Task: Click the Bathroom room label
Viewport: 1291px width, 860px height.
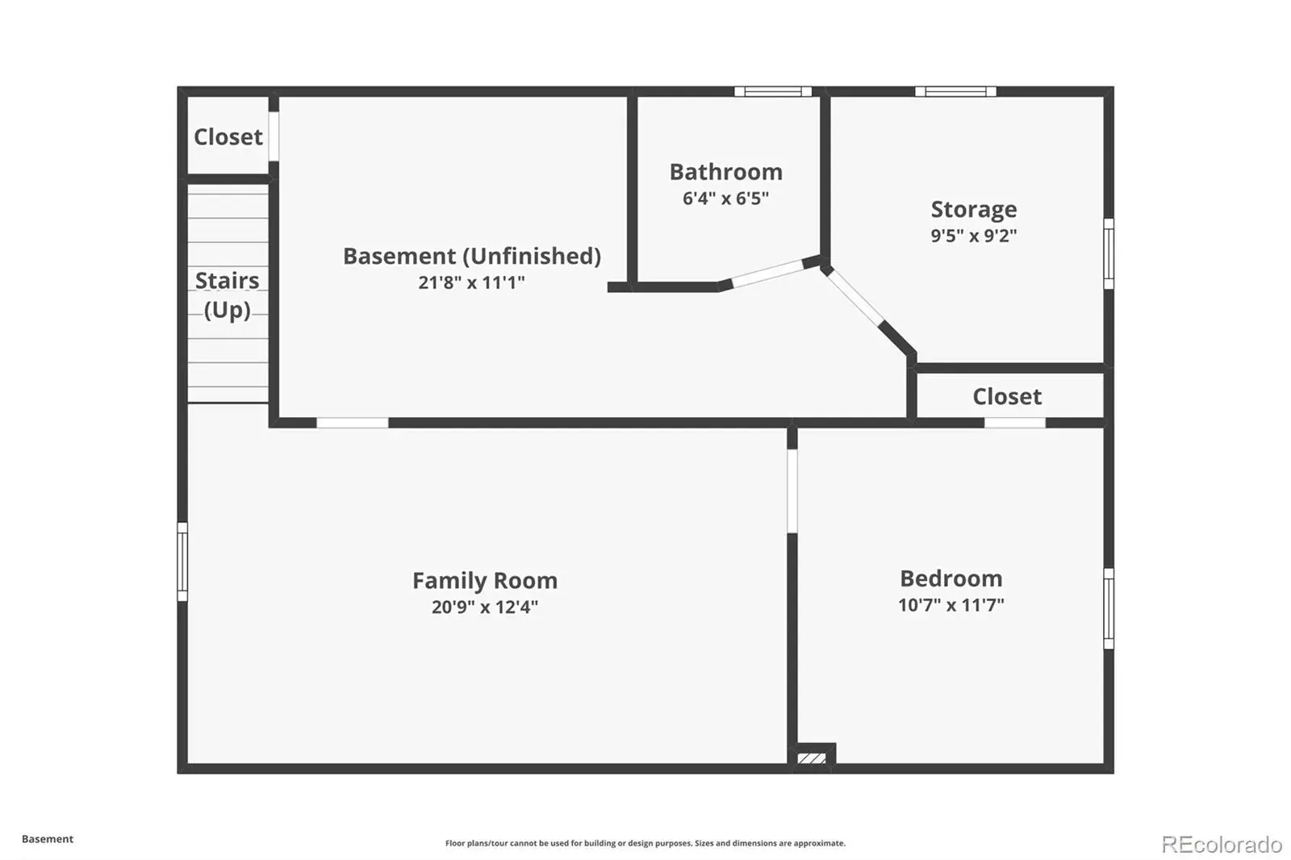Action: (x=725, y=172)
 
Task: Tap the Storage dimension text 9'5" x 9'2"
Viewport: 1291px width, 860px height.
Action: (x=973, y=236)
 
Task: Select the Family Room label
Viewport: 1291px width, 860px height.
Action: (x=485, y=580)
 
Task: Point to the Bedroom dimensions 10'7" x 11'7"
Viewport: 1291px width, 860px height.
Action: (x=951, y=604)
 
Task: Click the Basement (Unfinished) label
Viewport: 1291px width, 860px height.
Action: (x=471, y=256)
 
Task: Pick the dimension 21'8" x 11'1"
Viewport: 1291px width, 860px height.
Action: (x=471, y=282)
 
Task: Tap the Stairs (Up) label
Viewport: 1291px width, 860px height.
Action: (x=227, y=295)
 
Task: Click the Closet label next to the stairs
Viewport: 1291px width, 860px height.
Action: (x=228, y=137)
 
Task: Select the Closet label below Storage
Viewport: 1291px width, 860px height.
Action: (x=1007, y=397)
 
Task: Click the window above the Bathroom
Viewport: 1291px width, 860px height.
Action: (x=773, y=92)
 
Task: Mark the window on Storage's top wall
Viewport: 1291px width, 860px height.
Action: (x=955, y=92)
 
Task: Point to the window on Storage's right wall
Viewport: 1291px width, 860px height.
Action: (x=1109, y=253)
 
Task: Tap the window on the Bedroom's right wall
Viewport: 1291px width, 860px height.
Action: (x=1109, y=608)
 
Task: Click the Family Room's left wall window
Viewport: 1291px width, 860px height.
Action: (x=182, y=562)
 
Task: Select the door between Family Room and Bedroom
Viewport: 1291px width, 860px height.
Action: (x=792, y=491)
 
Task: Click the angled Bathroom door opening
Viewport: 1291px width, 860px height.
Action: (x=767, y=273)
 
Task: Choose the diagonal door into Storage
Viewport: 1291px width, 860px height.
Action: (x=855, y=298)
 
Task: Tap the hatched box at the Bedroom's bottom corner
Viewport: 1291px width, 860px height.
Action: (x=812, y=758)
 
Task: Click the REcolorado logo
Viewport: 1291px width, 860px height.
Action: (x=1222, y=845)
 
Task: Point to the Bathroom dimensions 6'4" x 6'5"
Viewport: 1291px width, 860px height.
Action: (x=725, y=198)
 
